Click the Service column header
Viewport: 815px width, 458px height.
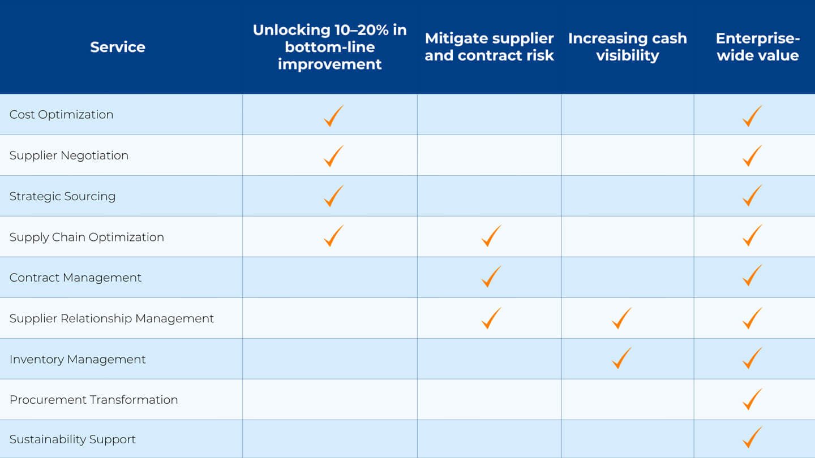tap(118, 47)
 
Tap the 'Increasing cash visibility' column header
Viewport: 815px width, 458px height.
tap(627, 47)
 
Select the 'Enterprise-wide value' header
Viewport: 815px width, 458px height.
tap(757, 47)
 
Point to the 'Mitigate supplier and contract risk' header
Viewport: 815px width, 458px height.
tap(489, 47)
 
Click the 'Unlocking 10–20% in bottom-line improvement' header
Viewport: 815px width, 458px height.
tap(329, 47)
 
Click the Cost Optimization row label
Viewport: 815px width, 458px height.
tap(61, 114)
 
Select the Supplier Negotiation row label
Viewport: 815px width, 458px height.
tap(69, 155)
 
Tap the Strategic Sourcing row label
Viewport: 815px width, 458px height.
tap(62, 196)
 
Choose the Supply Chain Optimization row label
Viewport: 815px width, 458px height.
tap(87, 237)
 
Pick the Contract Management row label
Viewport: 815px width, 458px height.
tap(75, 278)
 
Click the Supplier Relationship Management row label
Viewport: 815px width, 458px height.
tap(111, 318)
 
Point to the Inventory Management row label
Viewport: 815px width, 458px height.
tap(78, 359)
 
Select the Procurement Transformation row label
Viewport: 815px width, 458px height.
tap(93, 400)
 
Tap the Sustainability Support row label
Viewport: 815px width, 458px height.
tap(72, 439)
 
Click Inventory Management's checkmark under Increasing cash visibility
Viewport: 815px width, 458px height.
tap(621, 358)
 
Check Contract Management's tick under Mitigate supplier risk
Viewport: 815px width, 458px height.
tap(491, 277)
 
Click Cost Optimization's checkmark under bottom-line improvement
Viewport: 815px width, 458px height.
tap(333, 115)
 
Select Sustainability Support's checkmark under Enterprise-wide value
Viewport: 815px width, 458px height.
tap(752, 437)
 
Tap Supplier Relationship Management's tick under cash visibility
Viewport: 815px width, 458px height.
tap(621, 318)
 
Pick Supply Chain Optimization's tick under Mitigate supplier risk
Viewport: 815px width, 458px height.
tap(491, 236)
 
